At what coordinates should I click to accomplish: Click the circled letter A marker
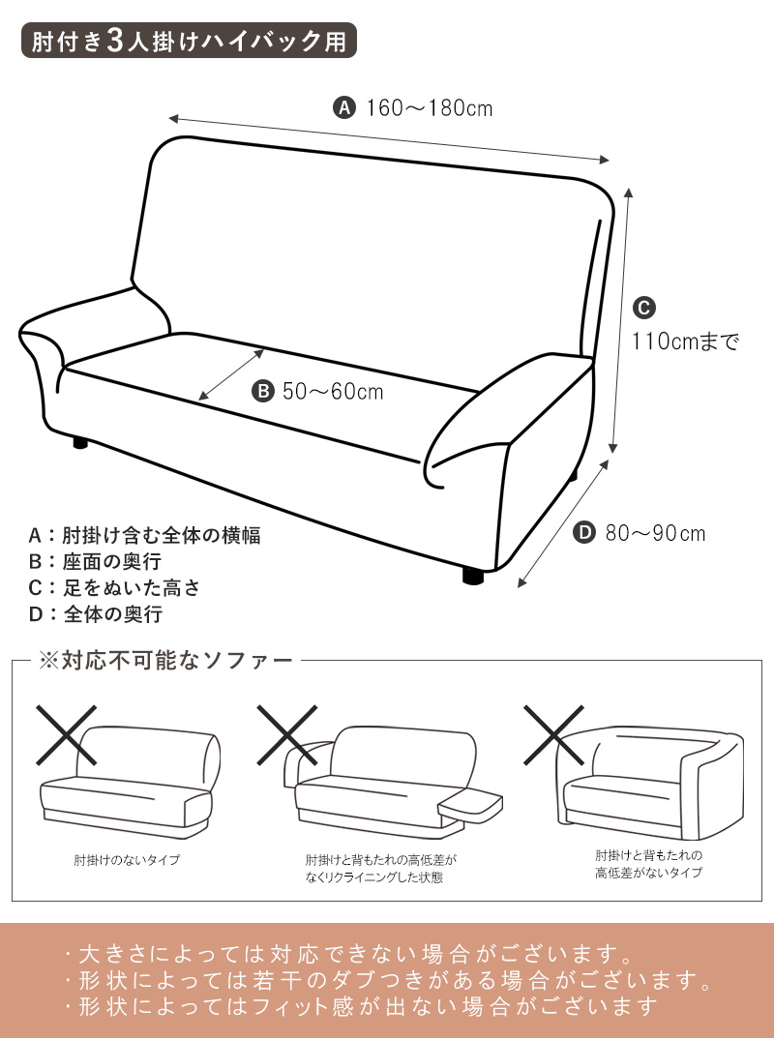343,106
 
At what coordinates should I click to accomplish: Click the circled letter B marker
262,391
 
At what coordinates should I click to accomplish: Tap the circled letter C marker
644,308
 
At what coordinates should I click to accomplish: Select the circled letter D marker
583,533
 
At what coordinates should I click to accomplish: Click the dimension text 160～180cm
430,108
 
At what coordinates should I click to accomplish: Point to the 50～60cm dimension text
333,391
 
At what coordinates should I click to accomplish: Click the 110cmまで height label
685,342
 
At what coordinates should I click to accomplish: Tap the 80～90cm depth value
655,533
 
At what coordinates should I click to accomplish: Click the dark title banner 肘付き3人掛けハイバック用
189,42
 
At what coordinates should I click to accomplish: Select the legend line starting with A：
144,535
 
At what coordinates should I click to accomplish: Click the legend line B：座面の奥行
95,562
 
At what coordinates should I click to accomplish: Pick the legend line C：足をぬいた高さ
114,587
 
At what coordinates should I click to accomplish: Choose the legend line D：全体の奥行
95,614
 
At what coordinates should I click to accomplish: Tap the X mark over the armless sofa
67,735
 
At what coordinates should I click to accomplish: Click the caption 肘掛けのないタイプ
127,860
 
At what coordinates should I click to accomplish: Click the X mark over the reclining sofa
286,735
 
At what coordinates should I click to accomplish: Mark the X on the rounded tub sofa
553,735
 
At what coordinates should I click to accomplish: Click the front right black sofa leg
473,576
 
